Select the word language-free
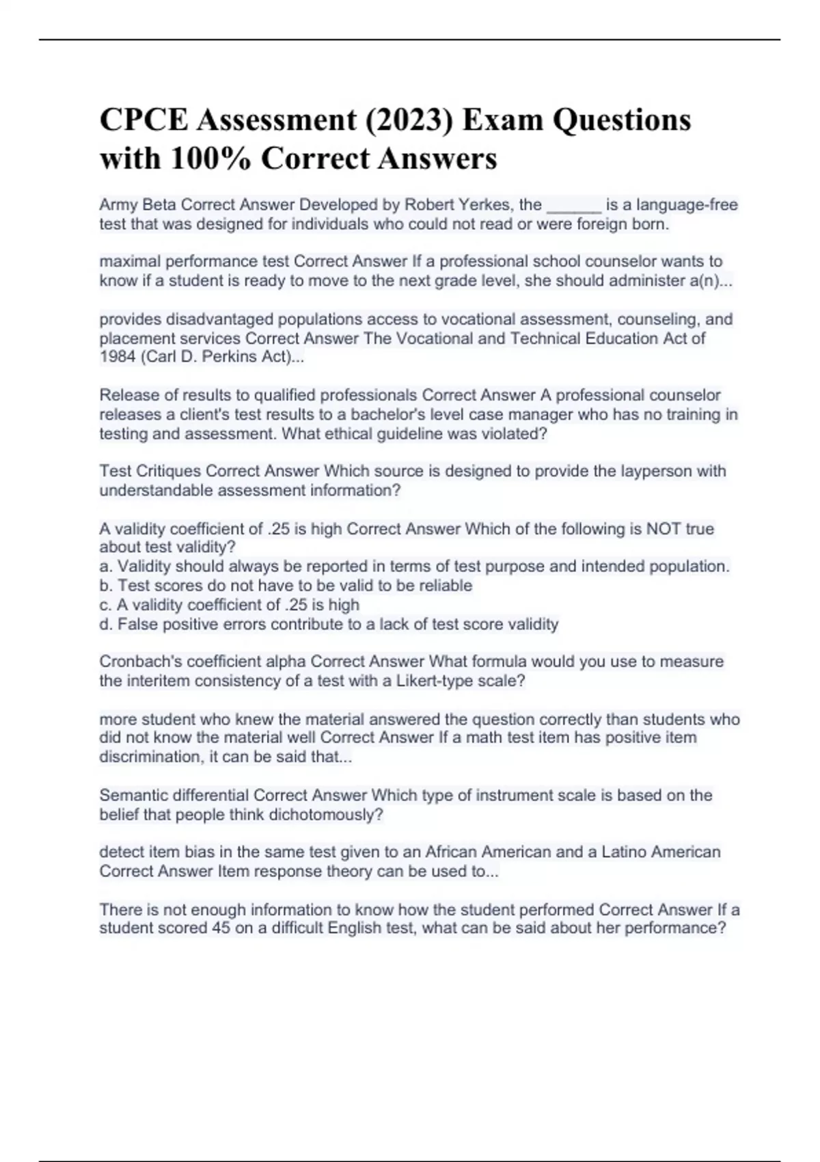click(687, 205)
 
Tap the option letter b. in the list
click(107, 586)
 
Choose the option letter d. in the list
click(107, 624)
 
